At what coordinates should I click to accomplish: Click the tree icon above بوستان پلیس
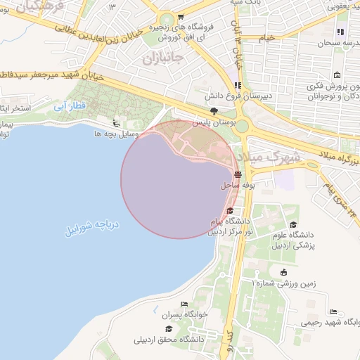[x=214, y=111]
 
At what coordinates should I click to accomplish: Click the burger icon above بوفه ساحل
[x=238, y=174]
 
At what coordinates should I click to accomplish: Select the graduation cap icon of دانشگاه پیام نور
[x=230, y=210]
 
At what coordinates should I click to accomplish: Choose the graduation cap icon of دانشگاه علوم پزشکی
[x=292, y=224]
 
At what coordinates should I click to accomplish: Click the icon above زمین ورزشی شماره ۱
[x=283, y=273]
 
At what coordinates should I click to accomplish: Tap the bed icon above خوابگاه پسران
[x=184, y=304]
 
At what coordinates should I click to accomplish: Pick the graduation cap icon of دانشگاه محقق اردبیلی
[x=167, y=328]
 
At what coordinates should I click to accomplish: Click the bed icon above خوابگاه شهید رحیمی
[x=333, y=311]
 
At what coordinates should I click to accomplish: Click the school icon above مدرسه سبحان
[x=341, y=32]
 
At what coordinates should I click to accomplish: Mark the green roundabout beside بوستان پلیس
[x=242, y=127]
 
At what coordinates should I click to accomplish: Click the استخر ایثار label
[x=14, y=109]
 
